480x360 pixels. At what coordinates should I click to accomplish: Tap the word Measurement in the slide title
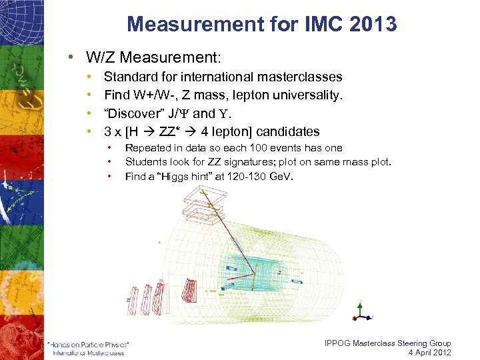click(191, 25)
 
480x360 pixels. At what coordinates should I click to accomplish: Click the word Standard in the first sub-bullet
click(130, 77)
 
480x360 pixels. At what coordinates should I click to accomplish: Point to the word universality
click(308, 95)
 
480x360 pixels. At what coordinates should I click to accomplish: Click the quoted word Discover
click(133, 113)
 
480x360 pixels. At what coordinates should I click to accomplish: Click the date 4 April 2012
click(429, 353)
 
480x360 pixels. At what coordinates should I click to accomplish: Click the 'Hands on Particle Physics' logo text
click(89, 344)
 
